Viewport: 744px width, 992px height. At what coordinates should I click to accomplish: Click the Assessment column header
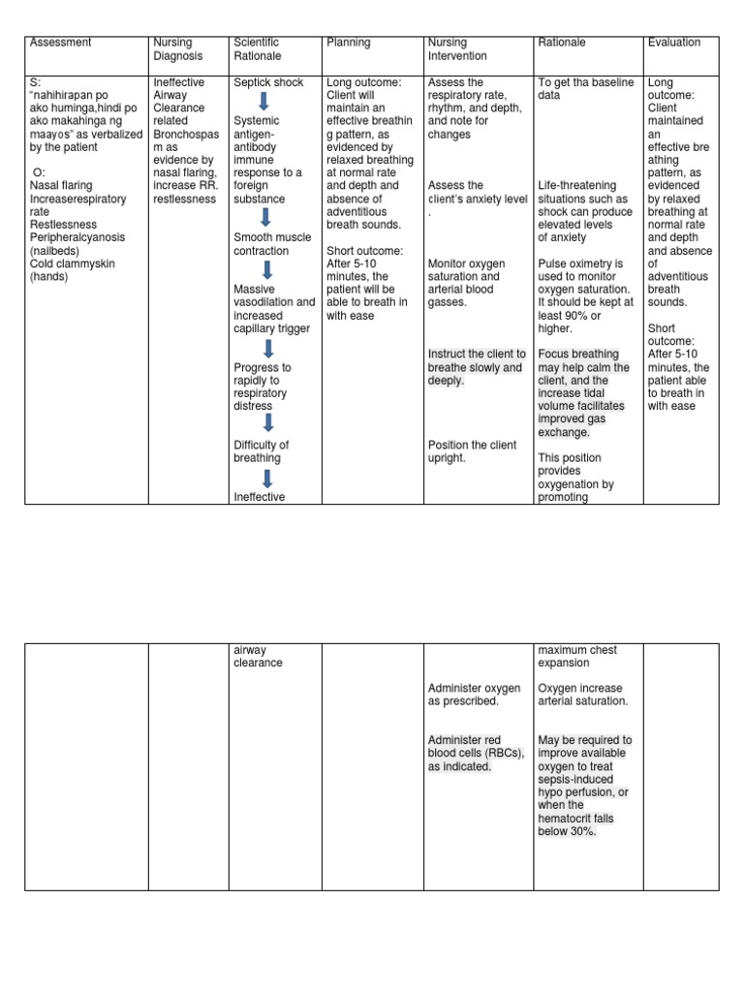coord(61,43)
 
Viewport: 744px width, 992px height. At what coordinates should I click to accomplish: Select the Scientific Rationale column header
coord(257,49)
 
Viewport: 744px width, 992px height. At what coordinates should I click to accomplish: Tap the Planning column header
coord(349,43)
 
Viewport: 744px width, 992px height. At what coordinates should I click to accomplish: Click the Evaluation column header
coord(674,43)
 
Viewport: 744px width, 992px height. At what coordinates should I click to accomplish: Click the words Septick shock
coord(268,83)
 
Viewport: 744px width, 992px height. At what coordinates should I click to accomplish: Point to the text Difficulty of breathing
coord(261,451)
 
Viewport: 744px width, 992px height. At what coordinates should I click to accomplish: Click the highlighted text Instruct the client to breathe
coord(477,367)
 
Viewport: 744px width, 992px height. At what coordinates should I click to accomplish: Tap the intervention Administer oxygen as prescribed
coord(474,695)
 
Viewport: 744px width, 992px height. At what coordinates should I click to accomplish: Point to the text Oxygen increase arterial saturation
coord(583,695)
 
